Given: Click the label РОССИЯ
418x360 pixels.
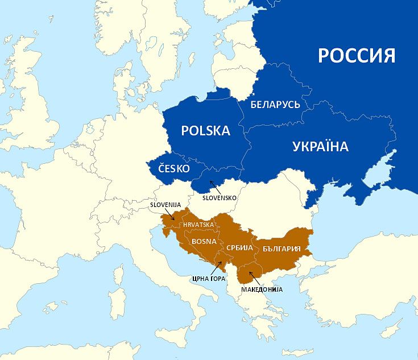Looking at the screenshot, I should coord(356,56).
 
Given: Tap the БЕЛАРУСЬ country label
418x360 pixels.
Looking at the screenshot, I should coord(275,105).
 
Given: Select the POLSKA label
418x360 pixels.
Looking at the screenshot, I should coord(205,131).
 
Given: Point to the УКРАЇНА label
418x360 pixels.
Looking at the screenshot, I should coord(320,147).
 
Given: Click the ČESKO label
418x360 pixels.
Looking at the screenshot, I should coord(173,169).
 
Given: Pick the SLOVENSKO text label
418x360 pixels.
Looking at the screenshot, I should coord(219,197).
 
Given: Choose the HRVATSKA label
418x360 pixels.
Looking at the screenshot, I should coord(198,225).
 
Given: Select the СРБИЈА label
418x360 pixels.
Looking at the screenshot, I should coord(239,249).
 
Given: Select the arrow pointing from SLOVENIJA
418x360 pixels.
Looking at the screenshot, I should coord(171,214).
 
